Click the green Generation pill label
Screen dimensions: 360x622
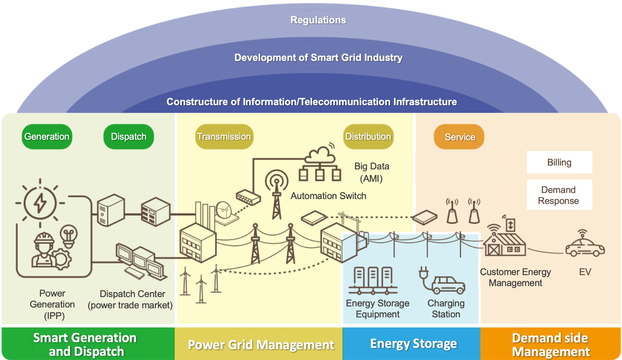[x=47, y=137]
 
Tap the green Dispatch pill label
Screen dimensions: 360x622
[x=129, y=137]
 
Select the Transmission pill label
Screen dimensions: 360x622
[x=224, y=137]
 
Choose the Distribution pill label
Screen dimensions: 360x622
[x=368, y=137]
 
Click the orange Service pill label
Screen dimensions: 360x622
[x=459, y=137]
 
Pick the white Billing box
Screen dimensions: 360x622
[x=559, y=162]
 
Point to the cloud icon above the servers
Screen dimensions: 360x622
[x=320, y=155]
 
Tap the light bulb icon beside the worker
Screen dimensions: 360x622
[x=69, y=236]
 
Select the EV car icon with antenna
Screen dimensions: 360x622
[x=585, y=247]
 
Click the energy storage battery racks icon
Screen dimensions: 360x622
[x=373, y=280]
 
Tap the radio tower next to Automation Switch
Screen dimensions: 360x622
[x=276, y=194]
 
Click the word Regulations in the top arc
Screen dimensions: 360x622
[x=318, y=20]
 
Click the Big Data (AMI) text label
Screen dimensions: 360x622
[x=372, y=172]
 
